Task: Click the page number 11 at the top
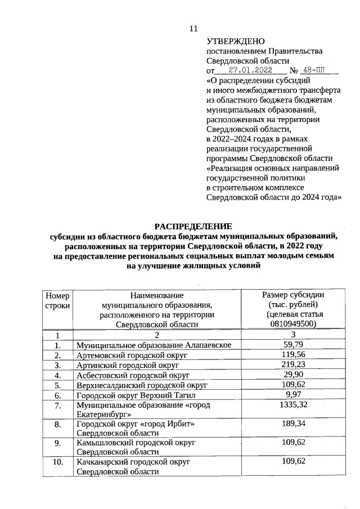point(193,28)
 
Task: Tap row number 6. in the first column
point(57,395)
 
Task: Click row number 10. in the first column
point(57,462)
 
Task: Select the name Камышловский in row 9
point(104,443)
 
